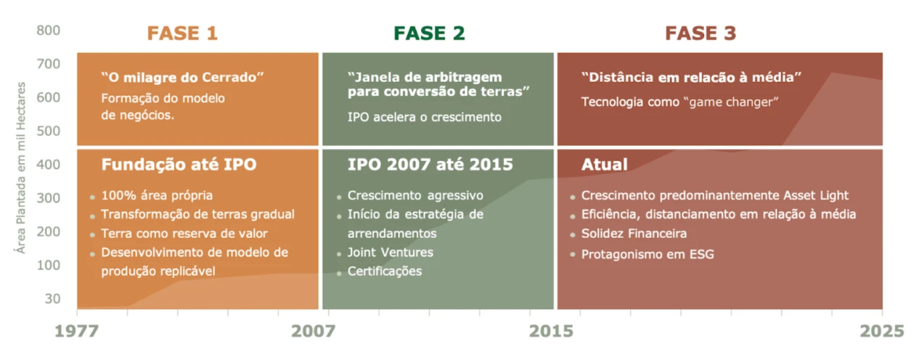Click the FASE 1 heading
[x=183, y=33]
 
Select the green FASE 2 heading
[x=430, y=33]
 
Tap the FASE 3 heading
[x=701, y=33]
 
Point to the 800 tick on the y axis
[x=49, y=30]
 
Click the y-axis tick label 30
[x=53, y=298]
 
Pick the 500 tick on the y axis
[x=49, y=131]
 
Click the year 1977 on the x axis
[x=77, y=331]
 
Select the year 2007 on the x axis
[x=314, y=331]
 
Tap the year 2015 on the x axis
[x=551, y=331]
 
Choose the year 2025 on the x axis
[x=882, y=331]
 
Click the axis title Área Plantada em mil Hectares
[x=20, y=168]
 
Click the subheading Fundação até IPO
[x=179, y=165]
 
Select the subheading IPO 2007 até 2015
[x=430, y=165]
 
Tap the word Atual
[x=605, y=165]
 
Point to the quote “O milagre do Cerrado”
[x=183, y=77]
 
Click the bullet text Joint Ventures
[x=390, y=252]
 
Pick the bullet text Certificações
[x=385, y=271]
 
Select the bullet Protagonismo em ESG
[x=648, y=255]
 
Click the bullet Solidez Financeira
[x=634, y=233]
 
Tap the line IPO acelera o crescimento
[x=424, y=118]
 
